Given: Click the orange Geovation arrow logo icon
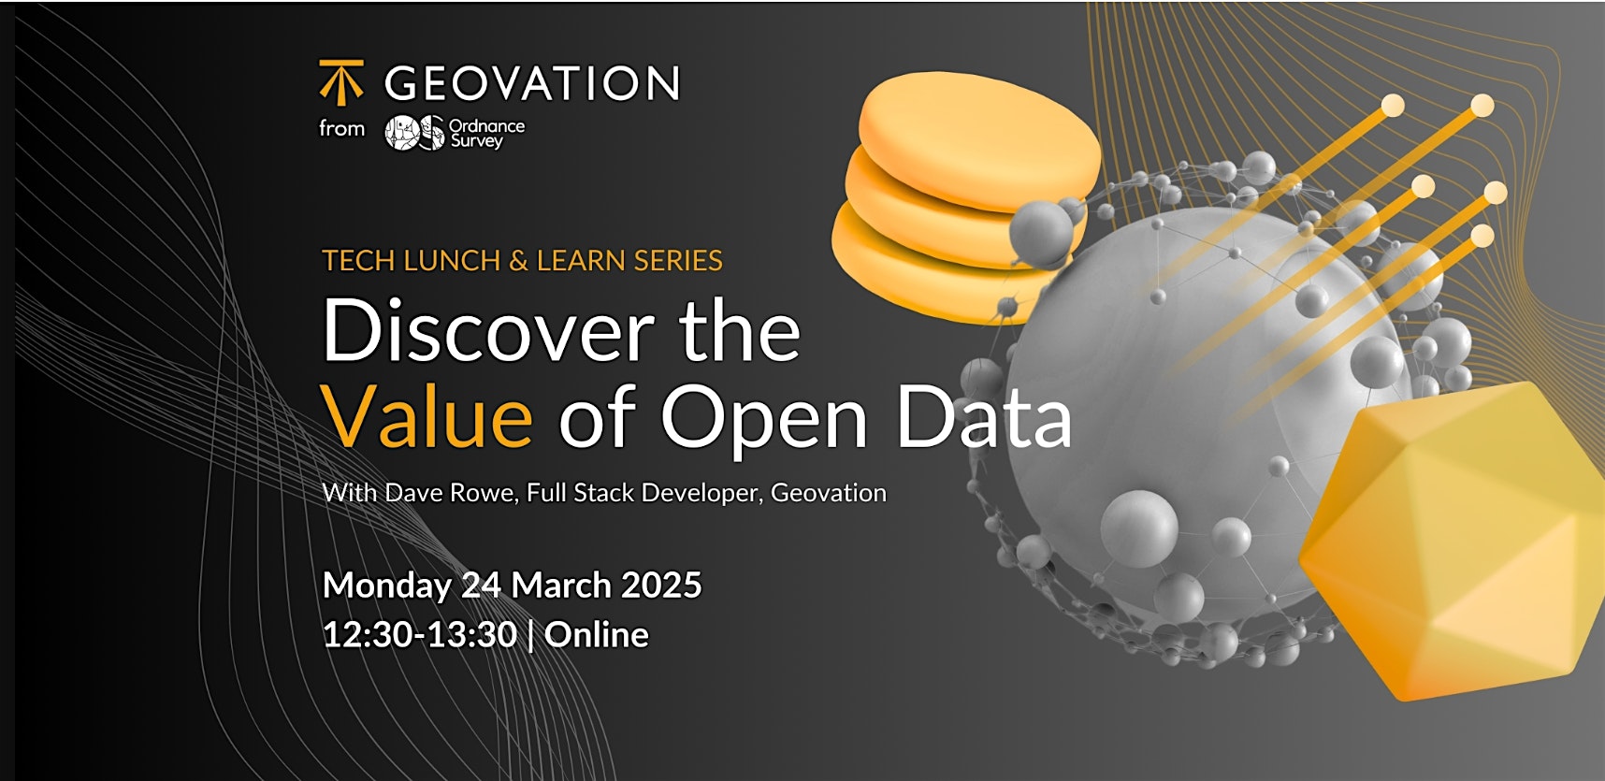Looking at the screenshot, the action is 341,82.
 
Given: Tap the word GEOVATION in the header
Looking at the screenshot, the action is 532,84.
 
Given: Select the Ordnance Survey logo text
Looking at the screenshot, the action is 486,133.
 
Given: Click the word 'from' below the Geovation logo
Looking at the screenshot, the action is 341,128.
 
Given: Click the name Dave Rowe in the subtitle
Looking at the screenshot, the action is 451,492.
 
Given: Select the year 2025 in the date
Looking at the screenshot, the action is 661,586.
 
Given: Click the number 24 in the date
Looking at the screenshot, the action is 482,586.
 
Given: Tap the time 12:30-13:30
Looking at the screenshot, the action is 420,635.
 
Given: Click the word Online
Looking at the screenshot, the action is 597,635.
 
